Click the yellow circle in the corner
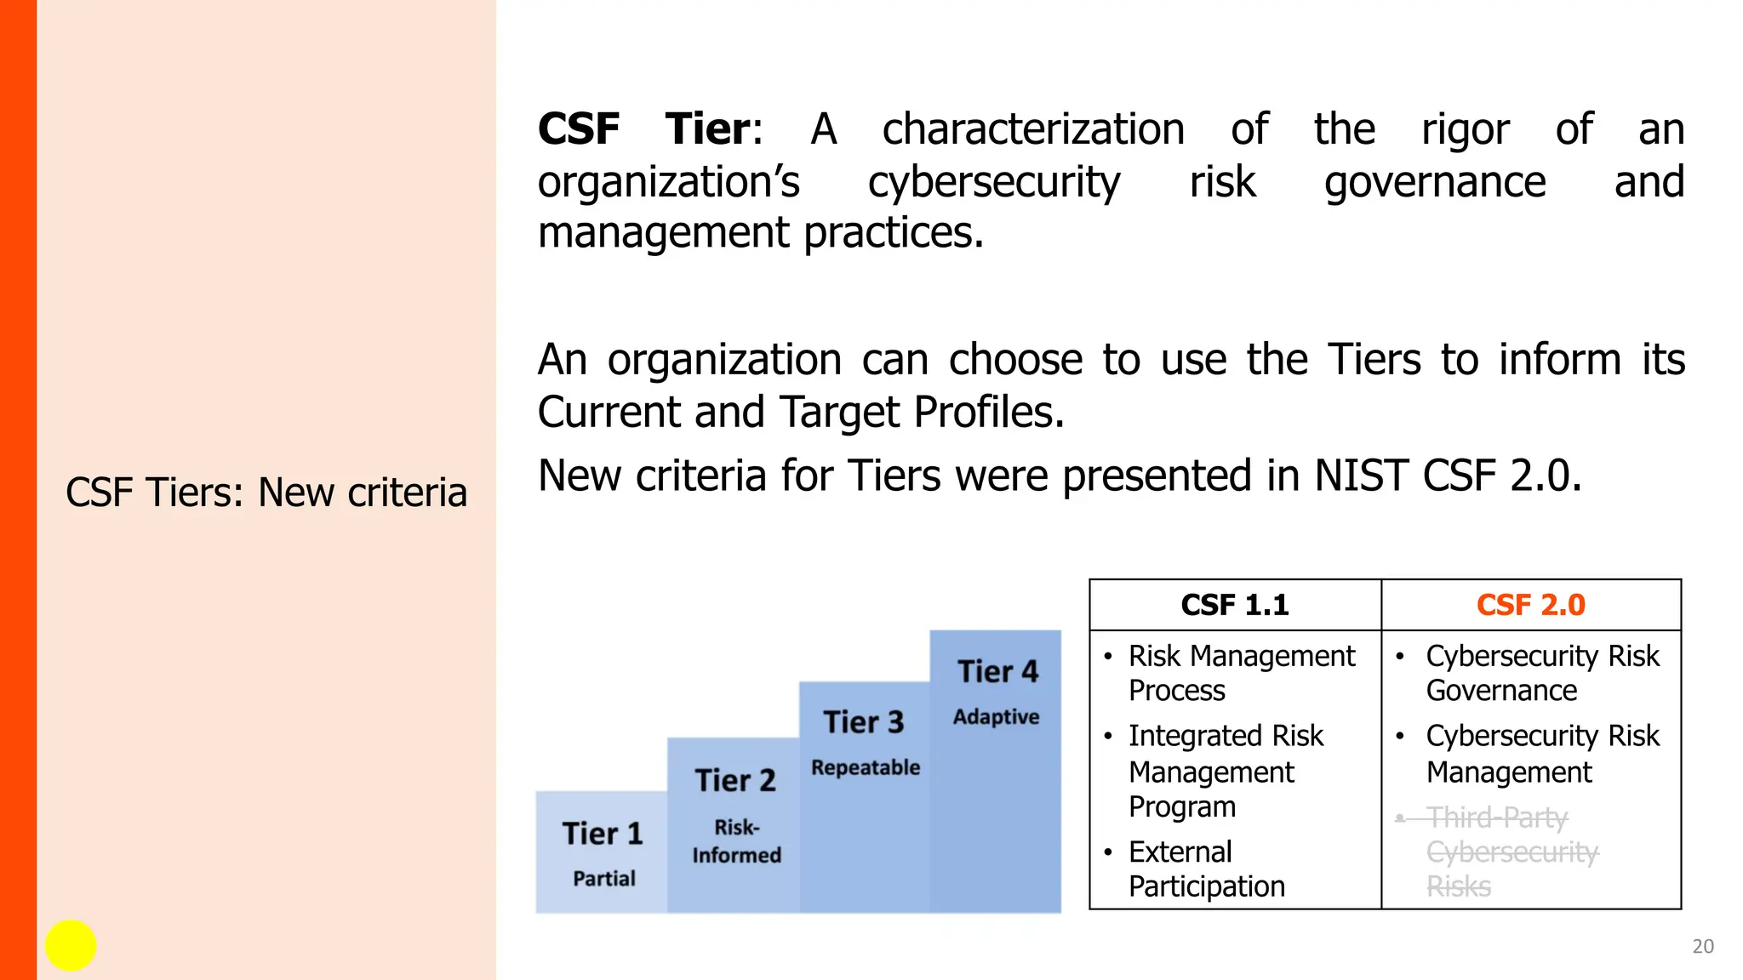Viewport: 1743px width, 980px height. (x=71, y=945)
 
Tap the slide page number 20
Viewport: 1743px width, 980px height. (x=1702, y=946)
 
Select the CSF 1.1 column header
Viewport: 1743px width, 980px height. (x=1234, y=605)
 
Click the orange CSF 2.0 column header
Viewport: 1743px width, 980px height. (x=1530, y=605)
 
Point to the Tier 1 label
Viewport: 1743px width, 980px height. (x=602, y=834)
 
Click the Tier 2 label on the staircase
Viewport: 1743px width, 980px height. (x=735, y=780)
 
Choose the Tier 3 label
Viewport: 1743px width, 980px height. (x=863, y=722)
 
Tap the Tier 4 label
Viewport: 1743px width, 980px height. (x=997, y=671)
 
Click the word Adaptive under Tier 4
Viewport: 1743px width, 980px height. (x=996, y=717)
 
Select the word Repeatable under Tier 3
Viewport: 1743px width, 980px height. (x=866, y=767)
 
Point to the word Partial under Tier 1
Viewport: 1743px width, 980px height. (x=603, y=879)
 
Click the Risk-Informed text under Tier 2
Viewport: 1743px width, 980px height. (x=736, y=841)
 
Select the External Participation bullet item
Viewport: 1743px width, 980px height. (x=1206, y=869)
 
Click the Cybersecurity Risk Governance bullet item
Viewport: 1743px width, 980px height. (x=1542, y=673)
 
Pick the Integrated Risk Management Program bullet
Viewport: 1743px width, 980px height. (x=1225, y=771)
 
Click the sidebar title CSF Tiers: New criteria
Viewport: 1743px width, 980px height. (x=266, y=493)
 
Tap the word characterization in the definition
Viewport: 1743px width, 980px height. (x=1033, y=129)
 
